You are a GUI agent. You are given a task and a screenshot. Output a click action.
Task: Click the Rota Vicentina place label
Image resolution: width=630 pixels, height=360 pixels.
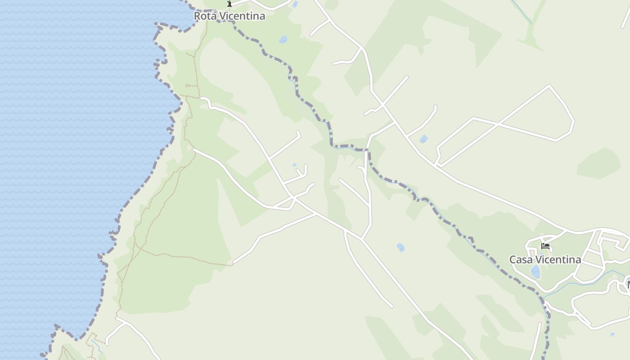tap(229, 16)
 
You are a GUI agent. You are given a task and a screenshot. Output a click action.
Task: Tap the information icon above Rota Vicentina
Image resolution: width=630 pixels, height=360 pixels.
tap(229, 4)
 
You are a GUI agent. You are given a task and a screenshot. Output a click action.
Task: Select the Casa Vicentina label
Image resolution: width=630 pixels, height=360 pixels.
tap(545, 260)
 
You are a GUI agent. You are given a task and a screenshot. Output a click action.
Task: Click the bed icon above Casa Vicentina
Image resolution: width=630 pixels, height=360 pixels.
tap(545, 246)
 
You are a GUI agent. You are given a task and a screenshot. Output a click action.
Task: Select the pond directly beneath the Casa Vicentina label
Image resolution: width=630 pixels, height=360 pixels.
tap(535, 272)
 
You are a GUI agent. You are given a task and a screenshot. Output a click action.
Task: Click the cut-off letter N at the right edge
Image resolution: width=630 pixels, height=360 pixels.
tap(628, 284)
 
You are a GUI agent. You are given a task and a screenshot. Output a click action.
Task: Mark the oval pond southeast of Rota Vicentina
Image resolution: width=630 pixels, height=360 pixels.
tap(283, 40)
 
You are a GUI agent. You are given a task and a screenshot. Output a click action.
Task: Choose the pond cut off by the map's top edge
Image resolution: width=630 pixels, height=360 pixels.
tap(295, 4)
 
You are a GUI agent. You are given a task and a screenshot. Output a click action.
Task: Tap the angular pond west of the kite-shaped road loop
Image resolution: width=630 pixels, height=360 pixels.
tap(423, 139)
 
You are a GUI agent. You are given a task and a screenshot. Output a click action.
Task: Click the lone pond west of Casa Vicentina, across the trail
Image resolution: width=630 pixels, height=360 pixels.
tap(400, 247)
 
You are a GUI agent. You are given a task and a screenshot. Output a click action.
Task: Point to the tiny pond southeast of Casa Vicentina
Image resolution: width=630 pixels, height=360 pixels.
tap(612, 334)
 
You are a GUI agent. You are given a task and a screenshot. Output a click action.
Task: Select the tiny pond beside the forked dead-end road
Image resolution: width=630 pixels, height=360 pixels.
tap(295, 165)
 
